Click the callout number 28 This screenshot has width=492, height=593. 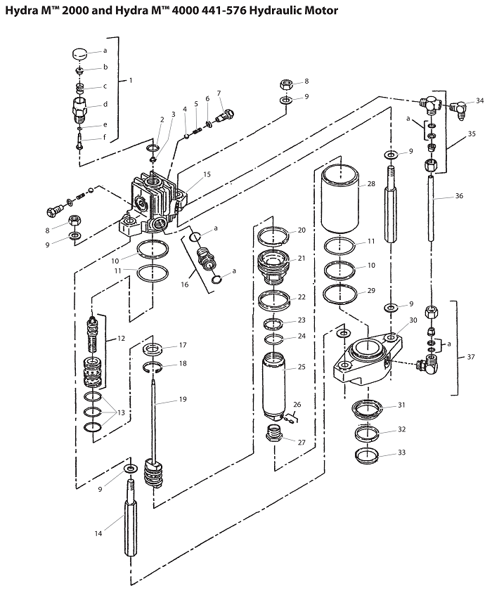click(x=372, y=184)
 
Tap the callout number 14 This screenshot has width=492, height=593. click(x=98, y=533)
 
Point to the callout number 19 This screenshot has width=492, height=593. click(x=182, y=400)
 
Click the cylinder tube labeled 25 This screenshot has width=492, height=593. click(x=276, y=386)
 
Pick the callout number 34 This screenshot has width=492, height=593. click(x=479, y=101)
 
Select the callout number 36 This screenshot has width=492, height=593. click(x=459, y=196)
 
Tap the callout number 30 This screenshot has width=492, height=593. click(x=413, y=320)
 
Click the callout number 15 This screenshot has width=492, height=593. click(x=207, y=174)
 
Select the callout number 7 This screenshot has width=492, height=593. click(x=219, y=93)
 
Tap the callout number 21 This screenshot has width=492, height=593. click(x=302, y=258)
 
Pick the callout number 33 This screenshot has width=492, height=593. click(x=401, y=452)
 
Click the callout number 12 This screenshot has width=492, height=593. click(x=120, y=338)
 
